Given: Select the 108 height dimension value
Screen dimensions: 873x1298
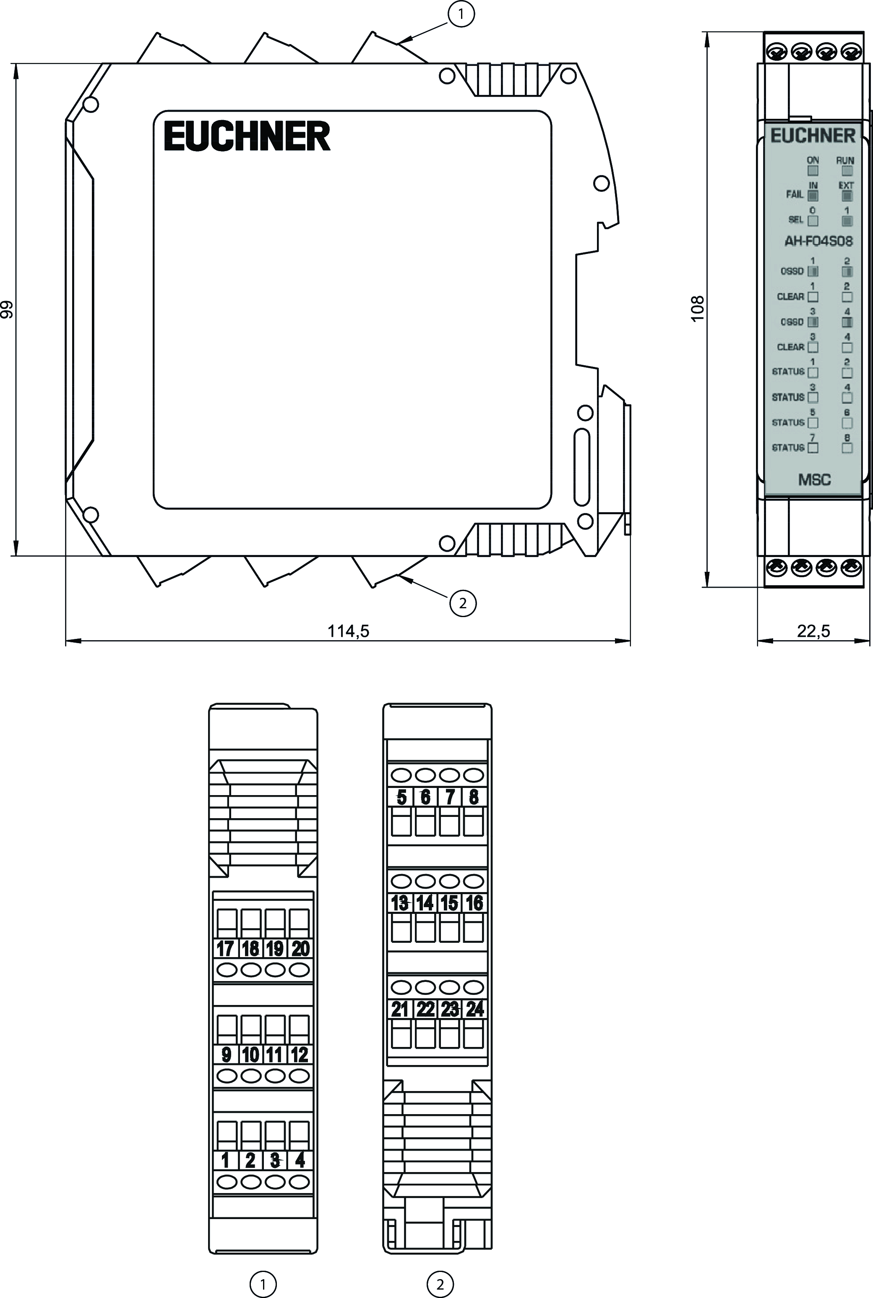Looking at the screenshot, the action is coord(698,308).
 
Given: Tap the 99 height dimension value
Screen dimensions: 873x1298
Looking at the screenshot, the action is coord(7,309).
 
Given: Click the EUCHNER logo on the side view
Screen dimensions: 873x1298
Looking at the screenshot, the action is coord(247,136).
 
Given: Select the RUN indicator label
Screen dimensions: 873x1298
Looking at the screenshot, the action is coord(845,160).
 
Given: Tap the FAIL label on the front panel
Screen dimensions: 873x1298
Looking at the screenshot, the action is coord(795,194).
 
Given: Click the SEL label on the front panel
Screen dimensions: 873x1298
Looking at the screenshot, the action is coord(796,220).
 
